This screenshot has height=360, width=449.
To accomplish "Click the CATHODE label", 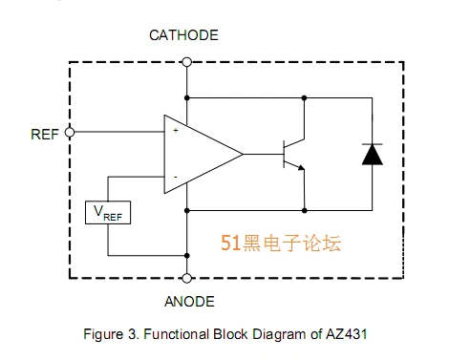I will pos(184,35).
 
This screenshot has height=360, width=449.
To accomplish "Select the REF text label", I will pos(46,134).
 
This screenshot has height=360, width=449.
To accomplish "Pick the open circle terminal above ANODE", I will pos(186,278).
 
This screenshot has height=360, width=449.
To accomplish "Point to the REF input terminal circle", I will pos(69,134).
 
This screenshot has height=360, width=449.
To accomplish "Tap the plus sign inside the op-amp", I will pos(175,130).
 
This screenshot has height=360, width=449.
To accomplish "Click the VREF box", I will pos(108,213).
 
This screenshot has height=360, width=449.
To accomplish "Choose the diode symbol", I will pos(371,154).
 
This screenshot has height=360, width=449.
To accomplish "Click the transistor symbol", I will pos(290,154).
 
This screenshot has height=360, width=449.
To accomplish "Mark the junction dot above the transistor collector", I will pos(304,96).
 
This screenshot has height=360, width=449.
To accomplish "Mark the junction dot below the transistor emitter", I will pos(304,209).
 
